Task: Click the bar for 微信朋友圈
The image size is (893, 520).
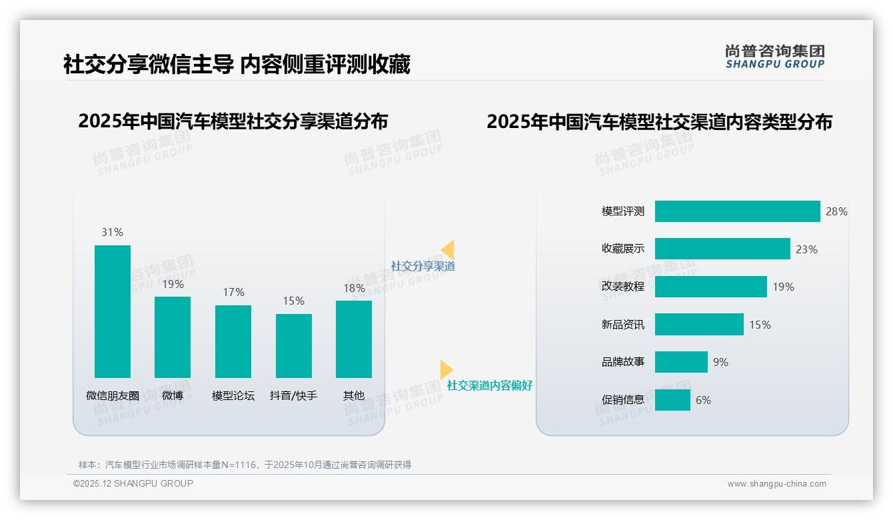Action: pyautogui.click(x=113, y=311)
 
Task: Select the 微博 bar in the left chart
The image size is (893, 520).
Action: pyautogui.click(x=173, y=337)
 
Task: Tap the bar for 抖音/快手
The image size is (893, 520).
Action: pyautogui.click(x=294, y=346)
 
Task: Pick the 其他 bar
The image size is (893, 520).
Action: pyautogui.click(x=354, y=339)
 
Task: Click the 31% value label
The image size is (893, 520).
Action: pyautogui.click(x=113, y=232)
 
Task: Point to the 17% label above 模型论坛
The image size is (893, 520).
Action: pyautogui.click(x=233, y=292)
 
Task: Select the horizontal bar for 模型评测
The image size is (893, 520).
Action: pyautogui.click(x=737, y=211)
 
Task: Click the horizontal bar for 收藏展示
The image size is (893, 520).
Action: pyautogui.click(x=722, y=249)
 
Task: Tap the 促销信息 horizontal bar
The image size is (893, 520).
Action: pyautogui.click(x=672, y=400)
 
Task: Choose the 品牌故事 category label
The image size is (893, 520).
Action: pyautogui.click(x=623, y=363)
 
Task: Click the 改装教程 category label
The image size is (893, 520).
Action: pyautogui.click(x=623, y=287)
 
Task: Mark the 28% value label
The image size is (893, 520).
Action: pyautogui.click(x=836, y=211)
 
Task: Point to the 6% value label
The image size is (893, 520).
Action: pyautogui.click(x=703, y=400)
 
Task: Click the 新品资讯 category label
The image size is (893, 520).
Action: pyautogui.click(x=623, y=325)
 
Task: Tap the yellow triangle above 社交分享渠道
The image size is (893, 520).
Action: pyautogui.click(x=448, y=250)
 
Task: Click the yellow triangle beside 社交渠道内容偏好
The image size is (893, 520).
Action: pyautogui.click(x=446, y=369)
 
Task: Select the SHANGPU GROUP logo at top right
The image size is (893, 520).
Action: pyautogui.click(x=775, y=57)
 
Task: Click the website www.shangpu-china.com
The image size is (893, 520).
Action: pyautogui.click(x=776, y=484)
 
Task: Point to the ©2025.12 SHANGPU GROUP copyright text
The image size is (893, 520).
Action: pyautogui.click(x=133, y=483)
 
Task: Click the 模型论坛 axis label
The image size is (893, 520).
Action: pyautogui.click(x=233, y=395)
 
